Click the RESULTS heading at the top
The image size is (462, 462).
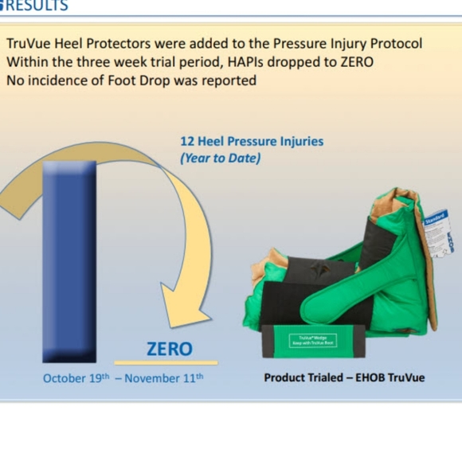36,6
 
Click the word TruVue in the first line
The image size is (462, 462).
30,43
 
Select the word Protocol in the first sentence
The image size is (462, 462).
393,43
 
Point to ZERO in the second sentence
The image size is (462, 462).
354,61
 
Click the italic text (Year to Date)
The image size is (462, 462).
221,159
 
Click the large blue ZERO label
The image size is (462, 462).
169,349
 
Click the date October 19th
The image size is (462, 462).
76,378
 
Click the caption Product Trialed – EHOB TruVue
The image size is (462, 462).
344,377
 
